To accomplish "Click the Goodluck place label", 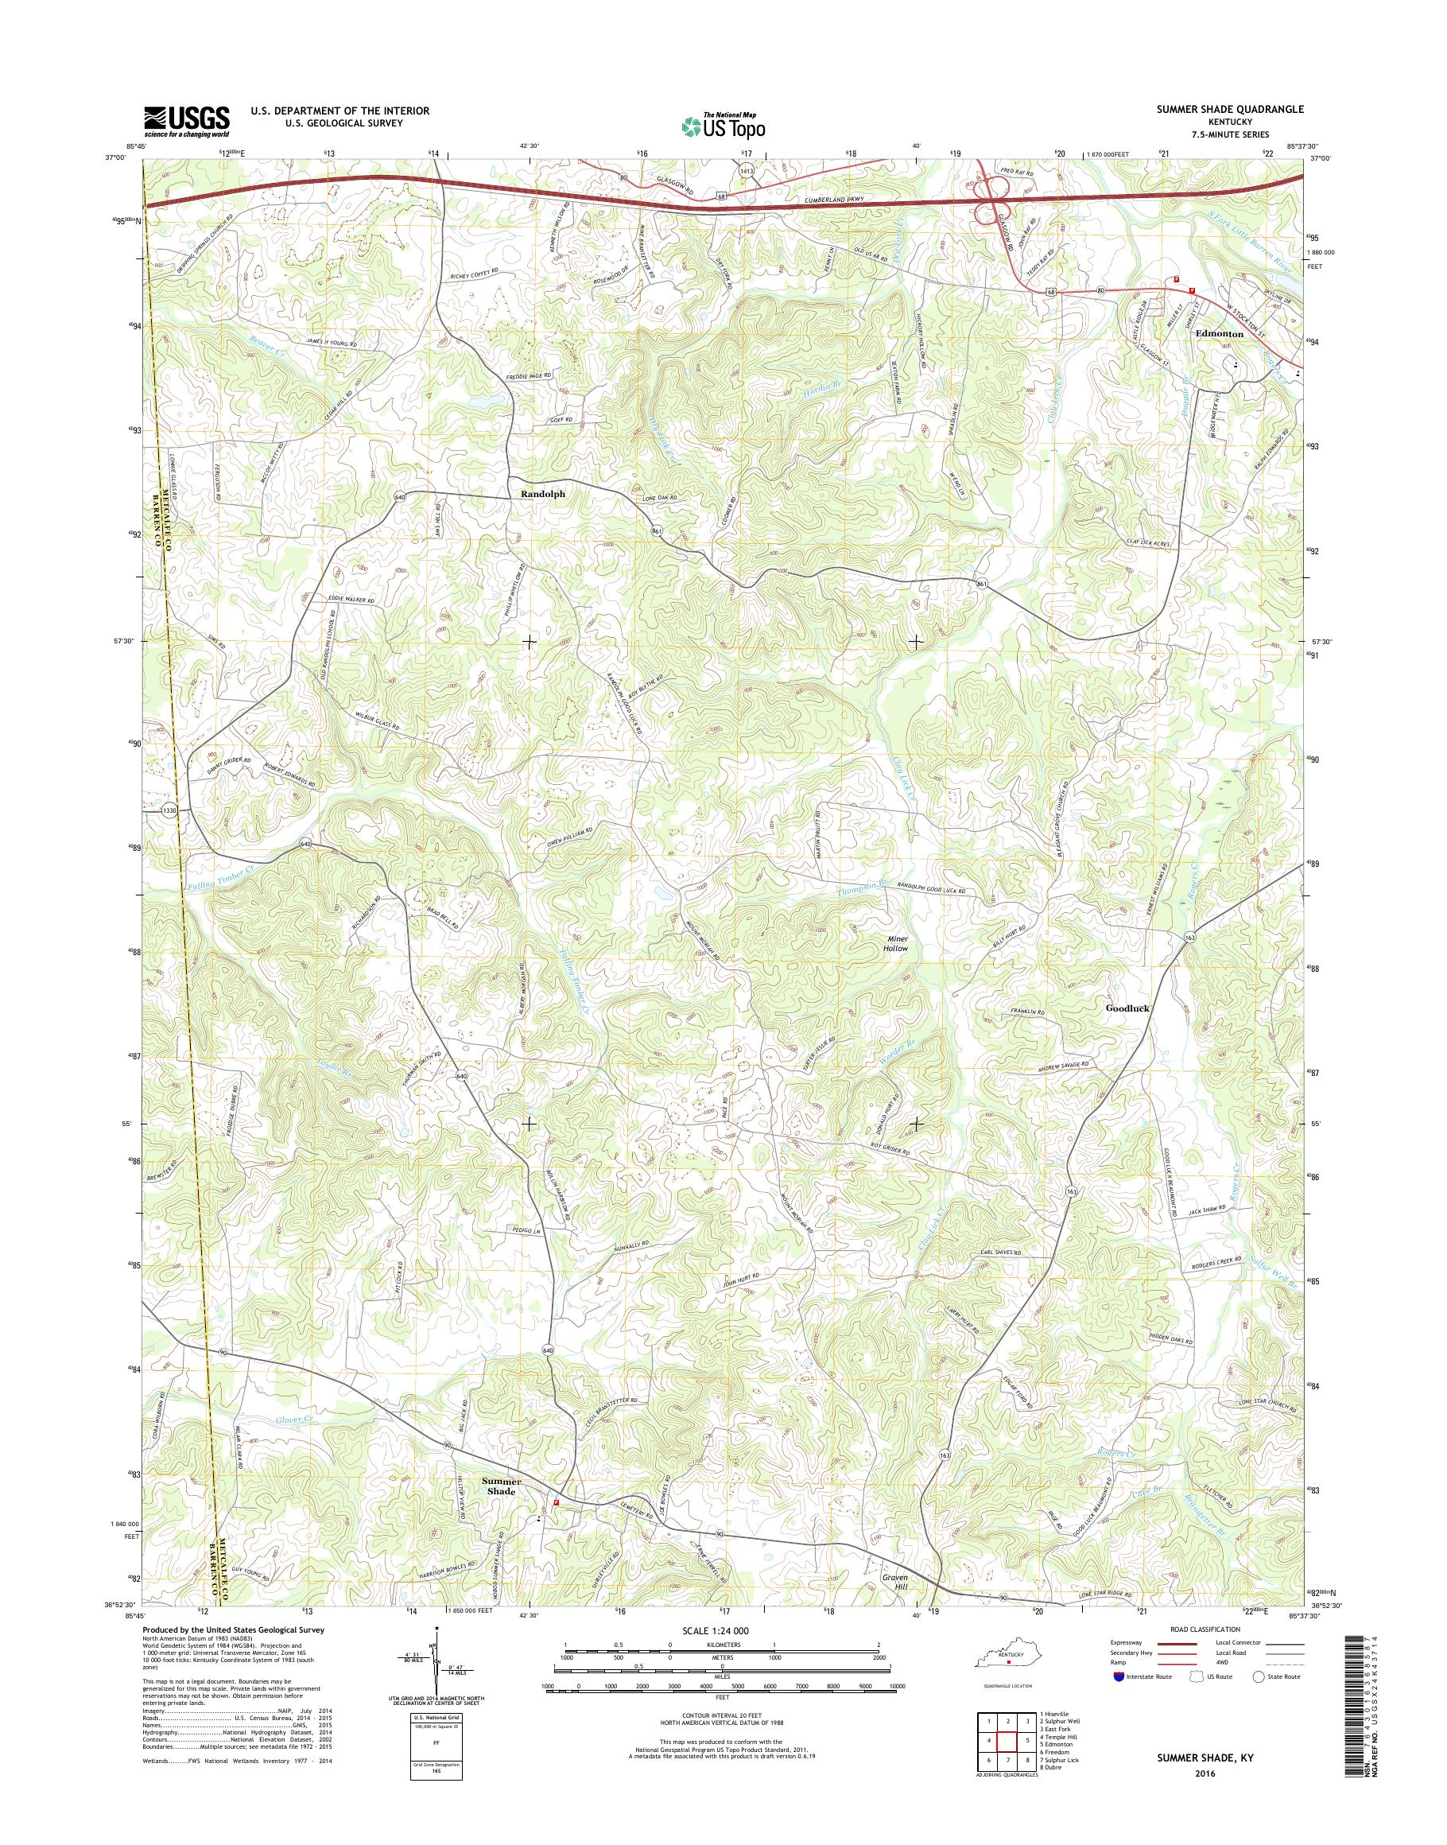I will pyautogui.click(x=1127, y=1008).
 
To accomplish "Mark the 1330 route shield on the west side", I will pyautogui.click(x=170, y=811).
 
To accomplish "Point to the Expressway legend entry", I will pyautogui.click(x=1153, y=1642).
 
